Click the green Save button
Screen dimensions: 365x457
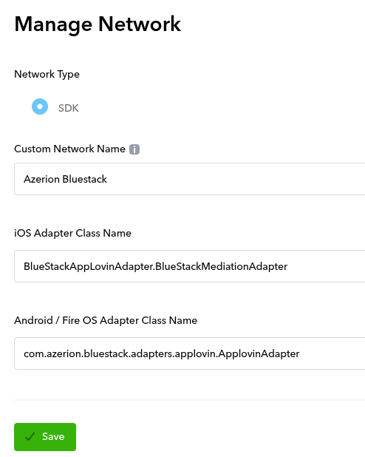click(x=45, y=436)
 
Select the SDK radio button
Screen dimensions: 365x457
click(x=40, y=106)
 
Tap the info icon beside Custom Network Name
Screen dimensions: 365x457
click(x=134, y=149)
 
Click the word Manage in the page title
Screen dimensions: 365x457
click(x=53, y=24)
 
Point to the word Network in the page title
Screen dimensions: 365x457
click(x=140, y=24)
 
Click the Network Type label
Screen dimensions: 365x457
click(x=47, y=75)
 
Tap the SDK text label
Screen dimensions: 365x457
click(x=69, y=108)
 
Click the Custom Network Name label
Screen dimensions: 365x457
click(x=69, y=149)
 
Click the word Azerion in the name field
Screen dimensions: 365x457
click(x=41, y=179)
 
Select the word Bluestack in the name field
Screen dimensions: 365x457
click(x=84, y=179)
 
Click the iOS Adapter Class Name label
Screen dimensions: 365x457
click(x=72, y=233)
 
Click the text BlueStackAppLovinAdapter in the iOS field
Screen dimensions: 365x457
click(x=88, y=266)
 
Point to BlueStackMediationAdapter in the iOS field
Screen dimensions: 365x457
click(x=222, y=266)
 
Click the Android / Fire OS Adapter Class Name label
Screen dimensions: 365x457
click(x=106, y=320)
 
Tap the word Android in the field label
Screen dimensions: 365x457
click(x=33, y=320)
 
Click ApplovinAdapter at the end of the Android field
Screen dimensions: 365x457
click(x=259, y=353)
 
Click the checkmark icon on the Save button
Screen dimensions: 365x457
click(x=30, y=436)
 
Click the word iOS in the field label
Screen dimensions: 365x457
click(x=23, y=233)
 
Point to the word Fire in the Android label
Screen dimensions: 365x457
click(x=71, y=320)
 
